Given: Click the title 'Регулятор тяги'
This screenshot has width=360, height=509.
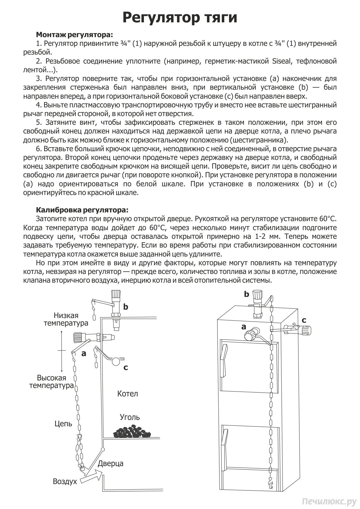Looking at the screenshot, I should pyautogui.click(x=180, y=17).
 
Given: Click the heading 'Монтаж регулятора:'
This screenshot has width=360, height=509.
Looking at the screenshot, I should pyautogui.click(x=74, y=35).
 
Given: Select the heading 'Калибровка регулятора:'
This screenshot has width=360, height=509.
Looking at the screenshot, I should pyautogui.click(x=82, y=210).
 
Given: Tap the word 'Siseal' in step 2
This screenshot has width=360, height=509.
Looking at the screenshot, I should pyautogui.click(x=283, y=61).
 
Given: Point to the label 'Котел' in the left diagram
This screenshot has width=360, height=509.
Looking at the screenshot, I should pyautogui.click(x=127, y=394).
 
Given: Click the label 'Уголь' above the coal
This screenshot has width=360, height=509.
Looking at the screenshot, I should pyautogui.click(x=130, y=417).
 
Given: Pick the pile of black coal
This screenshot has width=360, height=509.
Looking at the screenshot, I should pyautogui.click(x=132, y=432).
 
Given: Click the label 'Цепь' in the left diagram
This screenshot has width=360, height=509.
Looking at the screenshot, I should pyautogui.click(x=63, y=424).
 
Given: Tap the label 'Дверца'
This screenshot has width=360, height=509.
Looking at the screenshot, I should pyautogui.click(x=110, y=463).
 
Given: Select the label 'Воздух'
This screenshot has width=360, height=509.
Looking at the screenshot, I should pyautogui.click(x=65, y=481).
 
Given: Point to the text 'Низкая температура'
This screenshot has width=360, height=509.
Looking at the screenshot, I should pyautogui.click(x=66, y=319).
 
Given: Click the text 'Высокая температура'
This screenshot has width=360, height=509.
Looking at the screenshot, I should pyautogui.click(x=51, y=382).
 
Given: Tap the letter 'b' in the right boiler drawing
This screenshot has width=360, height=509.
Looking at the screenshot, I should pyautogui.click(x=246, y=294).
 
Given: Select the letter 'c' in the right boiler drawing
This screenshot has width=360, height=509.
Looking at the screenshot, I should pyautogui.click(x=304, y=320).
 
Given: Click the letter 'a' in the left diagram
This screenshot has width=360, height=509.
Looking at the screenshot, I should pyautogui.click(x=84, y=353).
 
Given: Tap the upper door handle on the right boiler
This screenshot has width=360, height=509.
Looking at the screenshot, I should pyautogui.click(x=223, y=360).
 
